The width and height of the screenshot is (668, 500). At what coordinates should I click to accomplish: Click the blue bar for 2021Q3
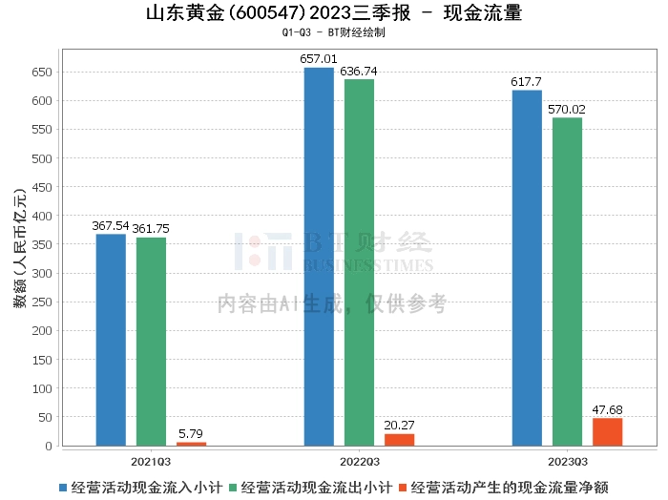[111, 340]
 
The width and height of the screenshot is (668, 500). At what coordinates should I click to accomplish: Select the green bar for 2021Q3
[151, 342]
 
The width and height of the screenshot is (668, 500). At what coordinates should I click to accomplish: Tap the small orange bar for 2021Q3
[191, 443]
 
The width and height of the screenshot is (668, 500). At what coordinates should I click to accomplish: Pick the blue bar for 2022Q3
[319, 257]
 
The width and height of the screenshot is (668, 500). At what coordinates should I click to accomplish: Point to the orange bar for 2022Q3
[399, 440]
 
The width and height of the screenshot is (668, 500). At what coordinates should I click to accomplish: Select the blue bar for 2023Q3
[527, 268]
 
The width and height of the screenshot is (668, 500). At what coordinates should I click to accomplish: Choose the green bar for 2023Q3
[567, 281]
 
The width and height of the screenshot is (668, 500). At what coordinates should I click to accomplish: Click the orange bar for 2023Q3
[607, 432]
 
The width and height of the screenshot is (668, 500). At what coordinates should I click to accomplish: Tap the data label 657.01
[319, 59]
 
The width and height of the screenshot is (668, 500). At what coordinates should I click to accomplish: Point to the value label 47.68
[607, 410]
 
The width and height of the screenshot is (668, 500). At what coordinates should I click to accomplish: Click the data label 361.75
[151, 229]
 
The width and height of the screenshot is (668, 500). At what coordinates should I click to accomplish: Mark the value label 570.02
[567, 110]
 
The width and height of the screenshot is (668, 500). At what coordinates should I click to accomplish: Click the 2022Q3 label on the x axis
[359, 461]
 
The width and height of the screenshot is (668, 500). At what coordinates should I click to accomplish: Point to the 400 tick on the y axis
[42, 216]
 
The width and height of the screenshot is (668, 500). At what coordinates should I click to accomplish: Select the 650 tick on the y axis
[42, 73]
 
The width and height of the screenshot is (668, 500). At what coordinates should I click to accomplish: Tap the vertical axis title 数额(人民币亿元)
[18, 258]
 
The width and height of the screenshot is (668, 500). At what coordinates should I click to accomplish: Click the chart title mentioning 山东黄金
[334, 14]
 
